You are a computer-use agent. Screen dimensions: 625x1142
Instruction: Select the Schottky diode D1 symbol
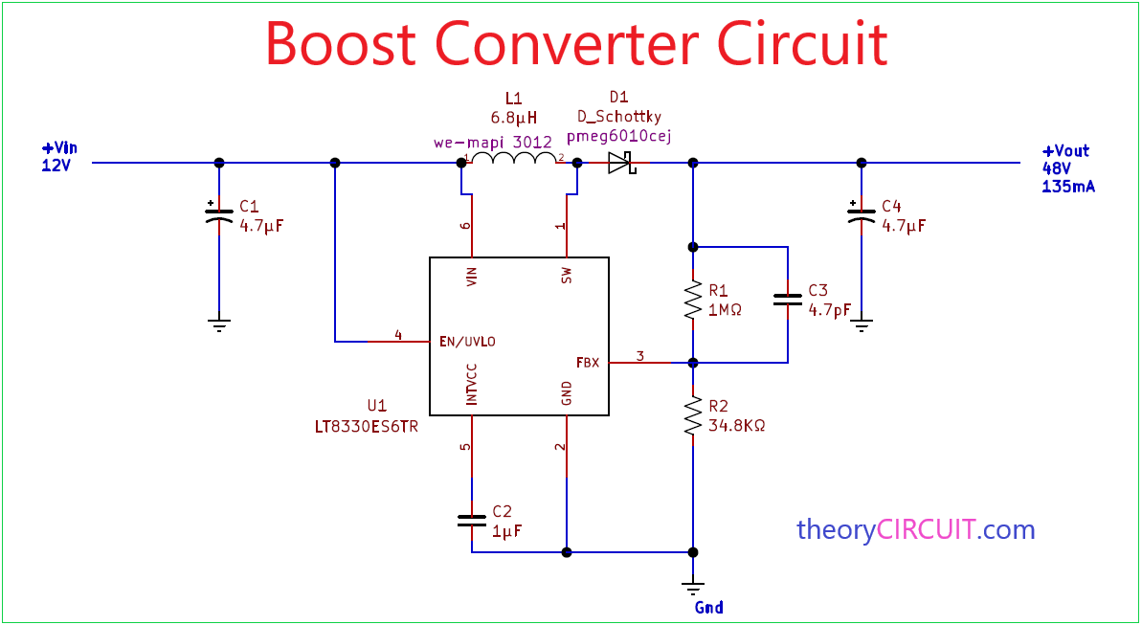click(x=622, y=163)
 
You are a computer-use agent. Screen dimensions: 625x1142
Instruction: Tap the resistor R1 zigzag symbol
click(x=692, y=300)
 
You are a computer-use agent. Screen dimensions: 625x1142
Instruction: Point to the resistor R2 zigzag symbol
click(x=692, y=417)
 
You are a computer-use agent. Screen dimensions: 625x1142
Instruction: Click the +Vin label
click(x=58, y=148)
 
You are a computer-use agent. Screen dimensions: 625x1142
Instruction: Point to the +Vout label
click(x=1065, y=150)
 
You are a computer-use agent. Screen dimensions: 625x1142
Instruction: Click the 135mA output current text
click(x=1067, y=187)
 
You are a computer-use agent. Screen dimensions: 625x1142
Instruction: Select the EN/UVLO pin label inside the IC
click(x=467, y=341)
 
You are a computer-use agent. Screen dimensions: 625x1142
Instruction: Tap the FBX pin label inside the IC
click(x=587, y=363)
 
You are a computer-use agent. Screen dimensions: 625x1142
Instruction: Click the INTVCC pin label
click(x=471, y=384)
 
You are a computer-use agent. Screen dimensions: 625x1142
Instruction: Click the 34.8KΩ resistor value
click(x=736, y=425)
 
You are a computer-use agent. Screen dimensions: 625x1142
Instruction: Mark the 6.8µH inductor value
click(x=514, y=119)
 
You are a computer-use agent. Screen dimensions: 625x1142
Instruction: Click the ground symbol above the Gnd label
click(x=692, y=586)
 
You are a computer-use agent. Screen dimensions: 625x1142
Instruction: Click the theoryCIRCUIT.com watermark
click(x=915, y=529)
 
